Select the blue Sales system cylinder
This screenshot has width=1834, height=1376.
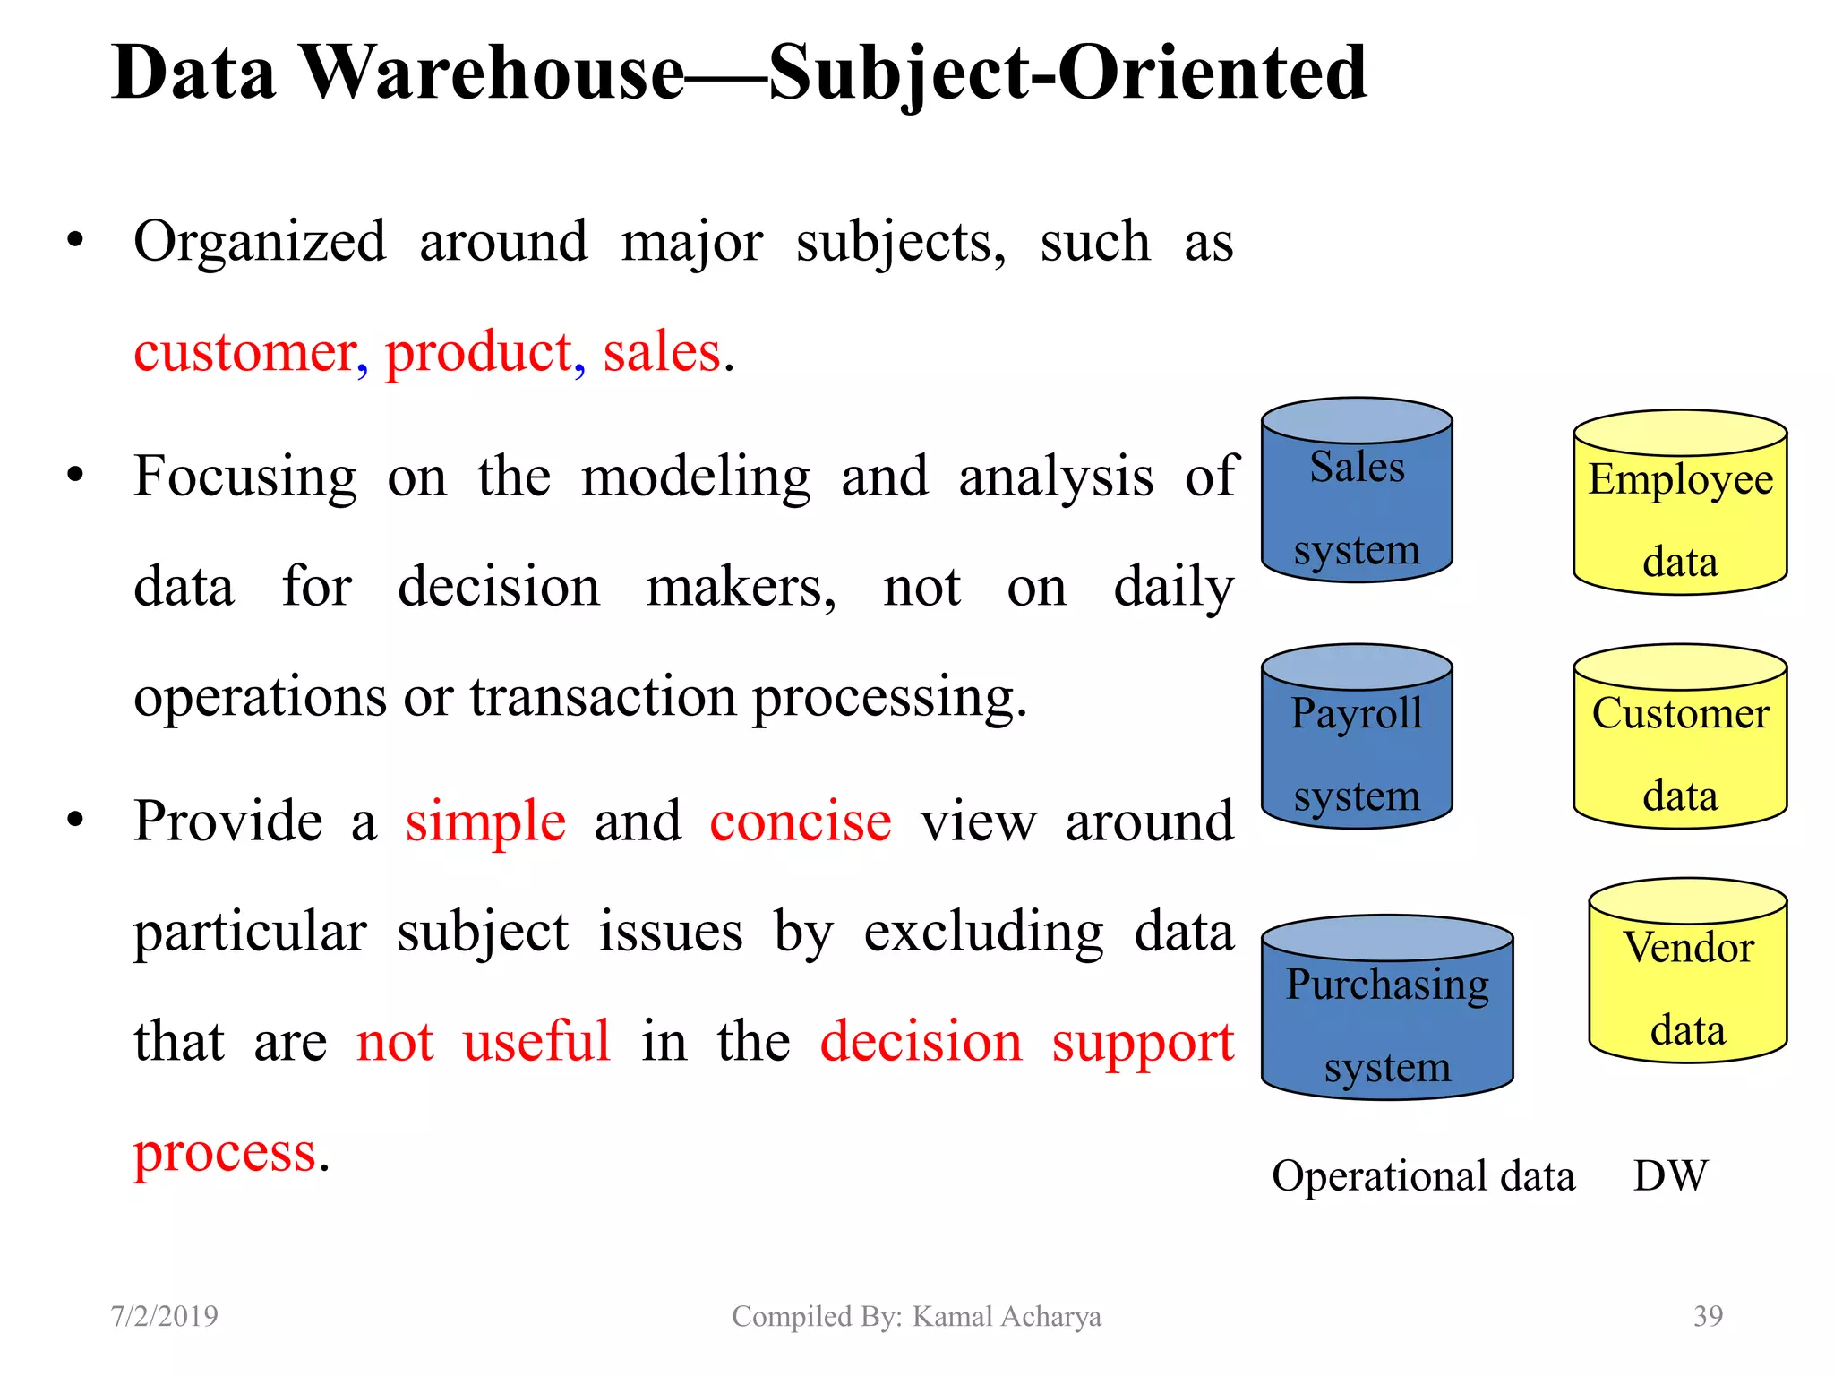tap(1356, 502)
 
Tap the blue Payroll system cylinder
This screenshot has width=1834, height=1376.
tap(1356, 748)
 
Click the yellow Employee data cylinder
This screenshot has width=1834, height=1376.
tap(1680, 515)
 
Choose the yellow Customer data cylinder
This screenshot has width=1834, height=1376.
tap(1680, 748)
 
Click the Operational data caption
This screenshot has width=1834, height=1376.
tap(1423, 1175)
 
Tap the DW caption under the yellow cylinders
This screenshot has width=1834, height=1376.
tap(1670, 1175)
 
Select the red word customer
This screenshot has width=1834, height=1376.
tap(245, 352)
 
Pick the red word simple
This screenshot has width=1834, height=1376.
tap(485, 821)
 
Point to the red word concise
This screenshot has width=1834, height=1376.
tap(801, 821)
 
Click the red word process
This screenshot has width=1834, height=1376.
tap(225, 1153)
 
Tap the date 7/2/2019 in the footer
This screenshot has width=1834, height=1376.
tap(164, 1316)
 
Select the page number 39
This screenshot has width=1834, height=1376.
tap(1708, 1316)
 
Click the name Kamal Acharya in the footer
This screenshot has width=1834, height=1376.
tap(1007, 1316)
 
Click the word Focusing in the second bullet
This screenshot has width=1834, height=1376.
tap(244, 477)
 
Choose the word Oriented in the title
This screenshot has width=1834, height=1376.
tap(1213, 73)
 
